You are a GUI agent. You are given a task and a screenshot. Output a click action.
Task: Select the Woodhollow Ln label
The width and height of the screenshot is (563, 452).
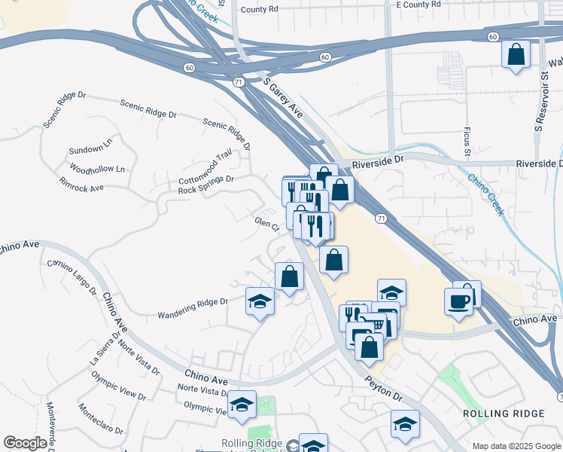point(97,167)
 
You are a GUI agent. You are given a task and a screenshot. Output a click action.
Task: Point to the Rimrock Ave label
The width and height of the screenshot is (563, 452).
point(81,184)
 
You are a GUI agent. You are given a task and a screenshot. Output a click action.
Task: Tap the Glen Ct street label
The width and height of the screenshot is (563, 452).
point(267,224)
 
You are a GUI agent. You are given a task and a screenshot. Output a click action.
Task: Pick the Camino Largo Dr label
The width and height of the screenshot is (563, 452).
point(73,276)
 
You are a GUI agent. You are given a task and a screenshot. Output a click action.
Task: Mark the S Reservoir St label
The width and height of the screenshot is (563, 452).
point(539,102)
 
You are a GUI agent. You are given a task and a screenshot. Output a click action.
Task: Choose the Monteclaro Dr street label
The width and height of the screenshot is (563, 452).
point(100,418)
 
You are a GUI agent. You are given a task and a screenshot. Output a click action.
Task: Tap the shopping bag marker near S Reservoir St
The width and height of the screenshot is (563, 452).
point(516,55)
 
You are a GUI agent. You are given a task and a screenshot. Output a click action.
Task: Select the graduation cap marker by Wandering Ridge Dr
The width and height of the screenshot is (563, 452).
point(260,302)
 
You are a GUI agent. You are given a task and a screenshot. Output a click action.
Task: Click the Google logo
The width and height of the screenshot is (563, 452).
point(25,443)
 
